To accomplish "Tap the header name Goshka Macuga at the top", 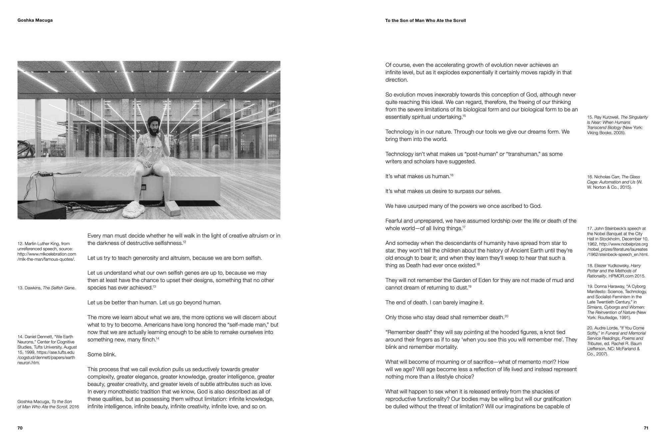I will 35,20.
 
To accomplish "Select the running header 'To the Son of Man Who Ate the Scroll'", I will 425,21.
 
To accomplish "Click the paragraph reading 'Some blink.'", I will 102,354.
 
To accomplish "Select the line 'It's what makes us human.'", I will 417,177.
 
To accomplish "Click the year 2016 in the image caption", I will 74,407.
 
